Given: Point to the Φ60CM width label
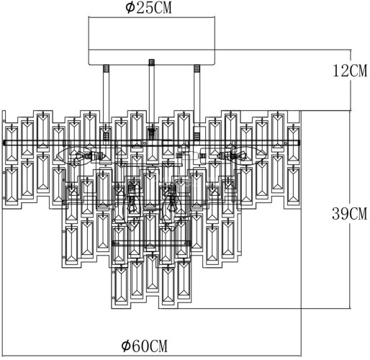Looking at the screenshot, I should [152, 347].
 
